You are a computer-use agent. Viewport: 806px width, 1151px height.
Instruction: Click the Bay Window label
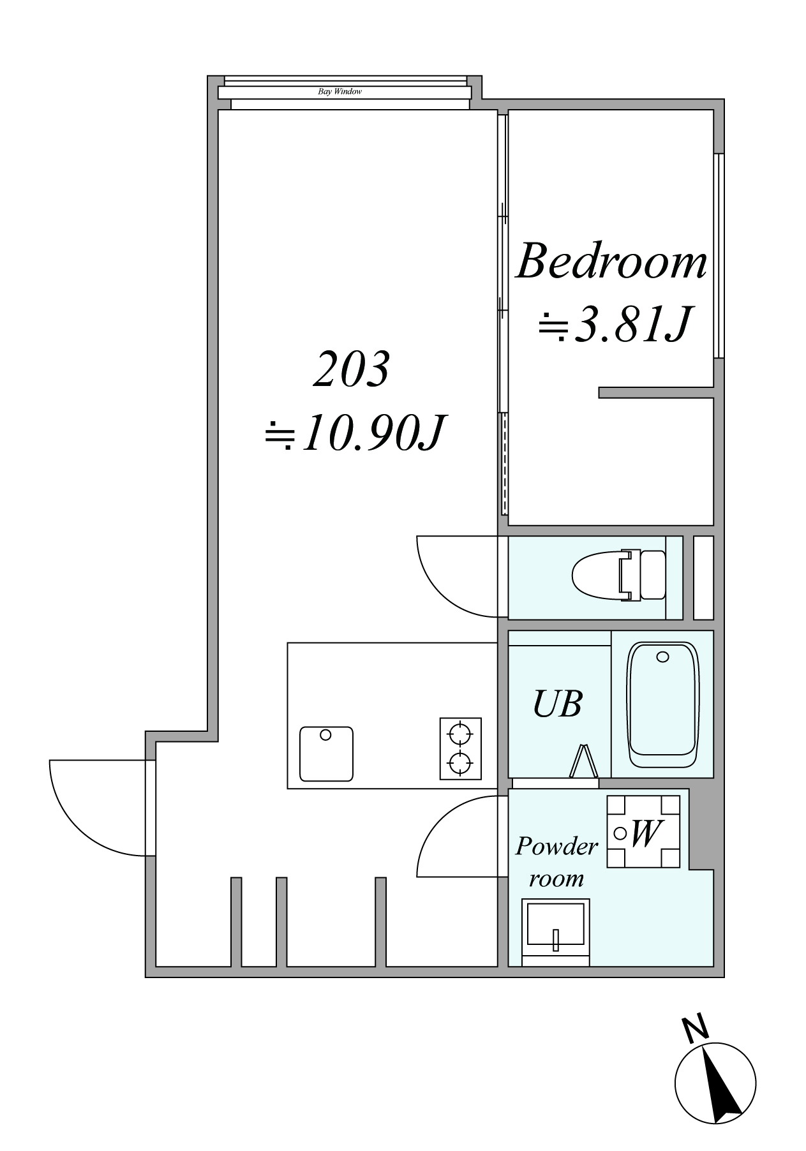pos(340,92)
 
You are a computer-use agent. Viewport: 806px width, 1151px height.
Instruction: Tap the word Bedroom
pos(611,262)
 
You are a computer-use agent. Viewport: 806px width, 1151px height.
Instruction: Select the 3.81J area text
pos(615,325)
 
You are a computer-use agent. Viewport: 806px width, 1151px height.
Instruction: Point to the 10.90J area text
pos(354,433)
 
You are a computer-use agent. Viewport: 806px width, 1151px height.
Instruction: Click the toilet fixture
pos(618,575)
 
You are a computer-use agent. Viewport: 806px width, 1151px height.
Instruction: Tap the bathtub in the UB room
pos(663,704)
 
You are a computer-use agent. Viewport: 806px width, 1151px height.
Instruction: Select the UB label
pos(557,704)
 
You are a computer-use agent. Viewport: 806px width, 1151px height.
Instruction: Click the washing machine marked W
pos(643,831)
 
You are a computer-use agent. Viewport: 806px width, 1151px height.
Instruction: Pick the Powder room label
pos(556,862)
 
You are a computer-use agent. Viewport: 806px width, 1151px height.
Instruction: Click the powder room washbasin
pos(555,932)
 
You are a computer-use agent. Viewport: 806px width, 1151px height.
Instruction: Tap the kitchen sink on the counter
pos(326,754)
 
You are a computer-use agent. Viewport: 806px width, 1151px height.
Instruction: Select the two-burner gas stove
pos(460,748)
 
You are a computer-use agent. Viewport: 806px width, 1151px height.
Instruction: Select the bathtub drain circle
pos(663,657)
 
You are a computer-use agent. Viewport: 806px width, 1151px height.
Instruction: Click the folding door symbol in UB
pos(584,761)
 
